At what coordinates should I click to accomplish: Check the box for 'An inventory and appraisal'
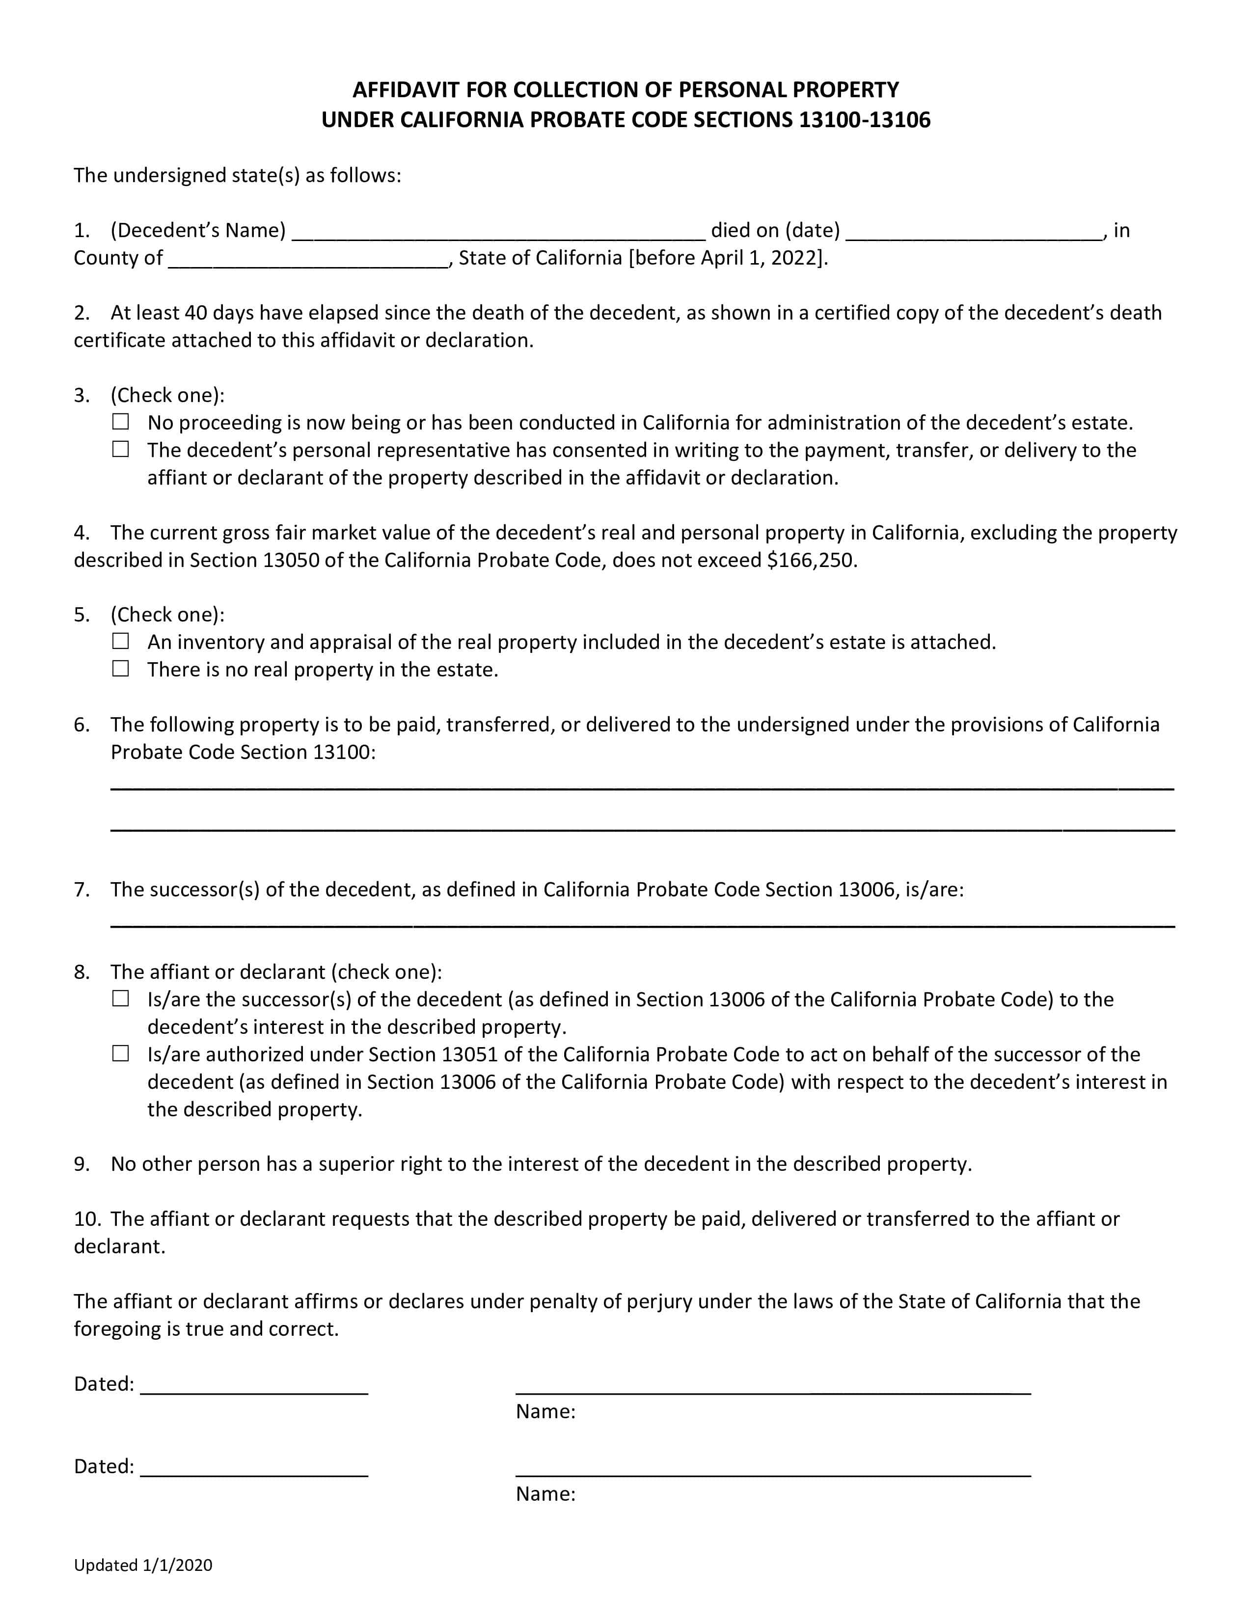120,641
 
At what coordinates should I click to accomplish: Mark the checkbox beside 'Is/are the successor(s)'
120,999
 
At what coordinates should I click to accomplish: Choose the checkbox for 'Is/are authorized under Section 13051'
120,1053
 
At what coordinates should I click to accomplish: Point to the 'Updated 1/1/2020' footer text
143,1565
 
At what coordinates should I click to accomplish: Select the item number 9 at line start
81,1164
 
